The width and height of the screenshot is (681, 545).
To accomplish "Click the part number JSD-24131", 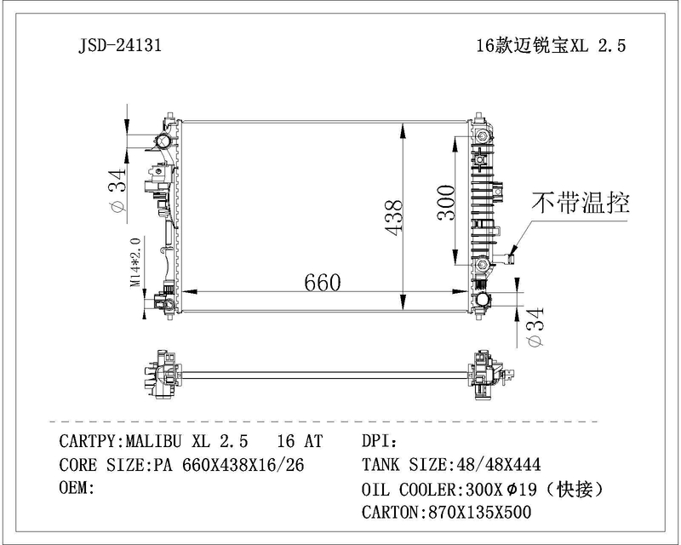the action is pyautogui.click(x=120, y=45).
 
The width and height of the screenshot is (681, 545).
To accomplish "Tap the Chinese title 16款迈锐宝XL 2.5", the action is pyautogui.click(x=551, y=45).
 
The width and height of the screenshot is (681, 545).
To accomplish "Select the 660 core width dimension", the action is pyautogui.click(x=323, y=283).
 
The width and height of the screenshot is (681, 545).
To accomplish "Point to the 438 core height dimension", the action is pyautogui.click(x=394, y=217).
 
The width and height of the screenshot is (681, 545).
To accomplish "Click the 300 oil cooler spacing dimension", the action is pyautogui.click(x=445, y=203).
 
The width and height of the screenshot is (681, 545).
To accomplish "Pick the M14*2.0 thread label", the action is pyautogui.click(x=135, y=262).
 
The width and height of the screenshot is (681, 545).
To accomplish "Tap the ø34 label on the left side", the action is pyautogui.click(x=117, y=190).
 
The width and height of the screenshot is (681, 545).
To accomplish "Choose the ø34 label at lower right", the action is pyautogui.click(x=535, y=327).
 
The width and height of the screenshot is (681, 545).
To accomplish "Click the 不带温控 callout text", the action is pyautogui.click(x=581, y=203).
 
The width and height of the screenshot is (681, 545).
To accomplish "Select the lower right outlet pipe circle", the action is pyautogui.click(x=482, y=299).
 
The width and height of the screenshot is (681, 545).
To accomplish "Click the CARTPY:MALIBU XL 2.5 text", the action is pyautogui.click(x=153, y=441).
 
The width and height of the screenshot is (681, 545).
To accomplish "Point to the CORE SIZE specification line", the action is pyautogui.click(x=181, y=465).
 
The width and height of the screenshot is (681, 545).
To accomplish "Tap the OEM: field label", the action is pyautogui.click(x=77, y=488).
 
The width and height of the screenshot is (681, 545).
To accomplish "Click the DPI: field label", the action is pyautogui.click(x=379, y=441).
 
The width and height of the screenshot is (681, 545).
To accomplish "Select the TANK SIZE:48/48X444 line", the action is pyautogui.click(x=451, y=465).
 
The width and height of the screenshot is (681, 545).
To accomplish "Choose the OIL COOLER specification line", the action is pyautogui.click(x=483, y=490).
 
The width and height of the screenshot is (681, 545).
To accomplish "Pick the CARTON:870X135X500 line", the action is pyautogui.click(x=446, y=513).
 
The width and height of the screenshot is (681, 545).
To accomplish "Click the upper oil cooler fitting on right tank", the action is pyautogui.click(x=482, y=136).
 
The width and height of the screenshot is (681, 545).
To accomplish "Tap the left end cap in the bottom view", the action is pyautogui.click(x=161, y=374).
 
